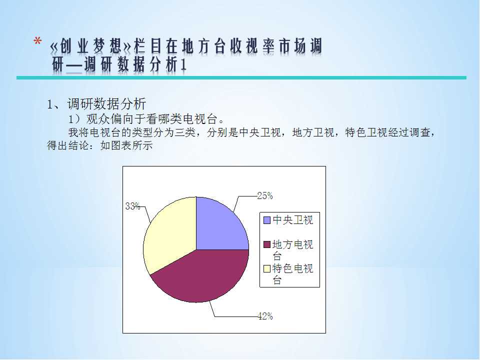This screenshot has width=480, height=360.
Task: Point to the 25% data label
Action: (265, 195)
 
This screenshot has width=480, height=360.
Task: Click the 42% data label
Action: (265, 316)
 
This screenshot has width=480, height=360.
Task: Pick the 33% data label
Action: (133, 206)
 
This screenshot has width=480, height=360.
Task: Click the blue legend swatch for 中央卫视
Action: (267, 220)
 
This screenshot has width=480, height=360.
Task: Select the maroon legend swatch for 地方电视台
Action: (267, 244)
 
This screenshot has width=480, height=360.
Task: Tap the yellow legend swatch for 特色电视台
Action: (267, 268)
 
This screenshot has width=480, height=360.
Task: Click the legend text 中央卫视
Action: (292, 220)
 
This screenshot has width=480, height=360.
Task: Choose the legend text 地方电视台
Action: (292, 250)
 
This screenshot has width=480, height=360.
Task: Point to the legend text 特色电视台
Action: (292, 274)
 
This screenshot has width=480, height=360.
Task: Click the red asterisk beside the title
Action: (37, 41)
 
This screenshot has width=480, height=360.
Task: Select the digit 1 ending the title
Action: (183, 65)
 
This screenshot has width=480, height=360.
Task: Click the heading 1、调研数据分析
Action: (96, 104)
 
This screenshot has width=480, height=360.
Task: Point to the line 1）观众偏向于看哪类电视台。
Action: (146, 119)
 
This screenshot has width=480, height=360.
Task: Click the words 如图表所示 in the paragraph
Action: (126, 145)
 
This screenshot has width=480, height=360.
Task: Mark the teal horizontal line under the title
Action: (241, 78)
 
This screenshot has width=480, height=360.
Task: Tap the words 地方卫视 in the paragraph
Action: (313, 132)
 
